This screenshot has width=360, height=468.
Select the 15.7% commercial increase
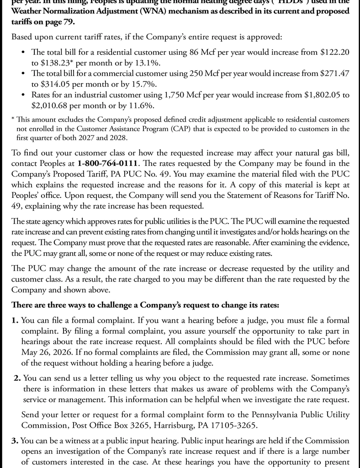click(x=142, y=85)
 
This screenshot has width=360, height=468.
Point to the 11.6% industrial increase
click(x=145, y=106)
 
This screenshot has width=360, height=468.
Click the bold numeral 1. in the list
click(x=15, y=320)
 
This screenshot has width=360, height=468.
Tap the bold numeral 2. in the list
click(x=17, y=378)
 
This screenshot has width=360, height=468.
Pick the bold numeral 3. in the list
click(x=15, y=441)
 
